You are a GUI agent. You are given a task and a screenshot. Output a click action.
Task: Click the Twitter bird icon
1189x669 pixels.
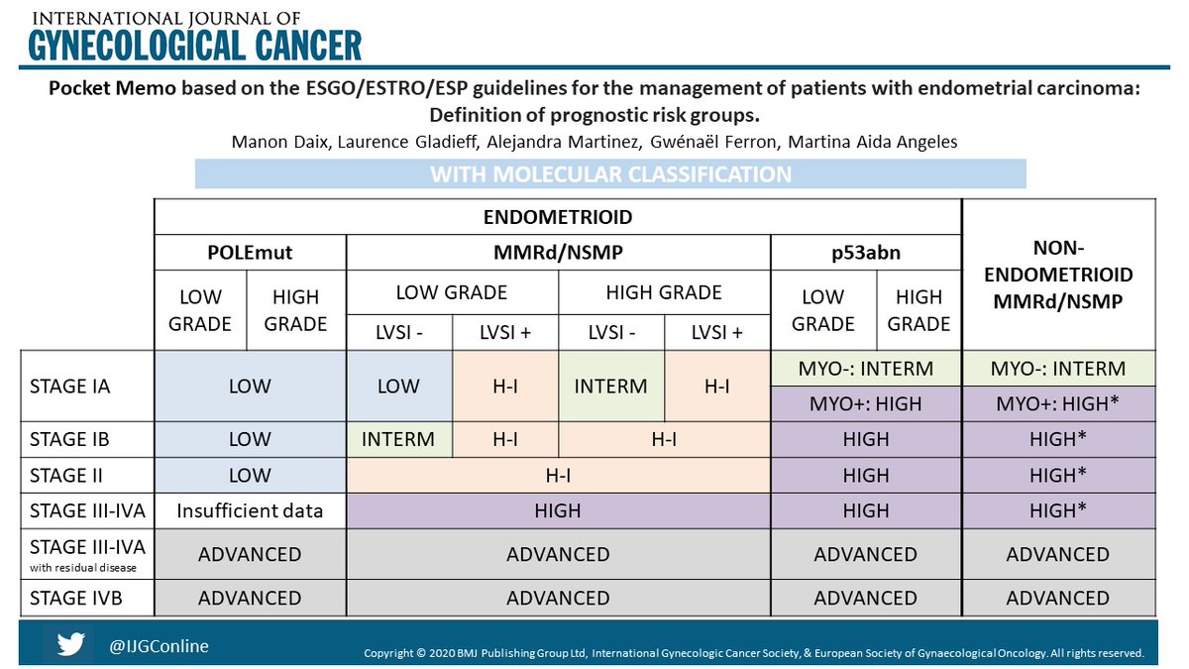(x=70, y=645)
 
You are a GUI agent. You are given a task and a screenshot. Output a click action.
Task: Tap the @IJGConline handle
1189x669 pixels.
(x=159, y=646)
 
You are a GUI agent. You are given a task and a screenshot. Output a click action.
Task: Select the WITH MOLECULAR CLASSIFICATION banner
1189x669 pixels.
(x=610, y=174)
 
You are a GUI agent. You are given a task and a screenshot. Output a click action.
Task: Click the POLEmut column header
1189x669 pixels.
(x=250, y=253)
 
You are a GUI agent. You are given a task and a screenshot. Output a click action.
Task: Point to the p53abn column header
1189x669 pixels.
(x=865, y=253)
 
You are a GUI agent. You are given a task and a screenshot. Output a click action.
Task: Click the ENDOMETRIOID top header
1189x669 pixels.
(x=558, y=217)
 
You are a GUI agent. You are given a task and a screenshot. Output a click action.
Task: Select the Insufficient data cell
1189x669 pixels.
(x=250, y=511)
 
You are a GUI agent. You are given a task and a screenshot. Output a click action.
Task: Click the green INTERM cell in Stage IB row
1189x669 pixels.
(x=398, y=439)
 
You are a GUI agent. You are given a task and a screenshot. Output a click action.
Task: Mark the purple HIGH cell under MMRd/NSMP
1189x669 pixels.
(x=558, y=511)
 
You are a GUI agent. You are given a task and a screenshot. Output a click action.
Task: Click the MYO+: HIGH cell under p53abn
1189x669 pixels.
(x=865, y=403)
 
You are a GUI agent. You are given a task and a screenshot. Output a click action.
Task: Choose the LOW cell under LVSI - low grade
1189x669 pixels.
(x=398, y=386)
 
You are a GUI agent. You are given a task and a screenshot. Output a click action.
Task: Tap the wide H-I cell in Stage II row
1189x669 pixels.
(x=558, y=476)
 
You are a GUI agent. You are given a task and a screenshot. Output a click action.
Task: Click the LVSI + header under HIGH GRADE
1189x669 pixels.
(x=717, y=332)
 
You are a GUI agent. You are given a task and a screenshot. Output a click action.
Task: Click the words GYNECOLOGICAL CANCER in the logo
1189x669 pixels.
(x=194, y=45)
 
